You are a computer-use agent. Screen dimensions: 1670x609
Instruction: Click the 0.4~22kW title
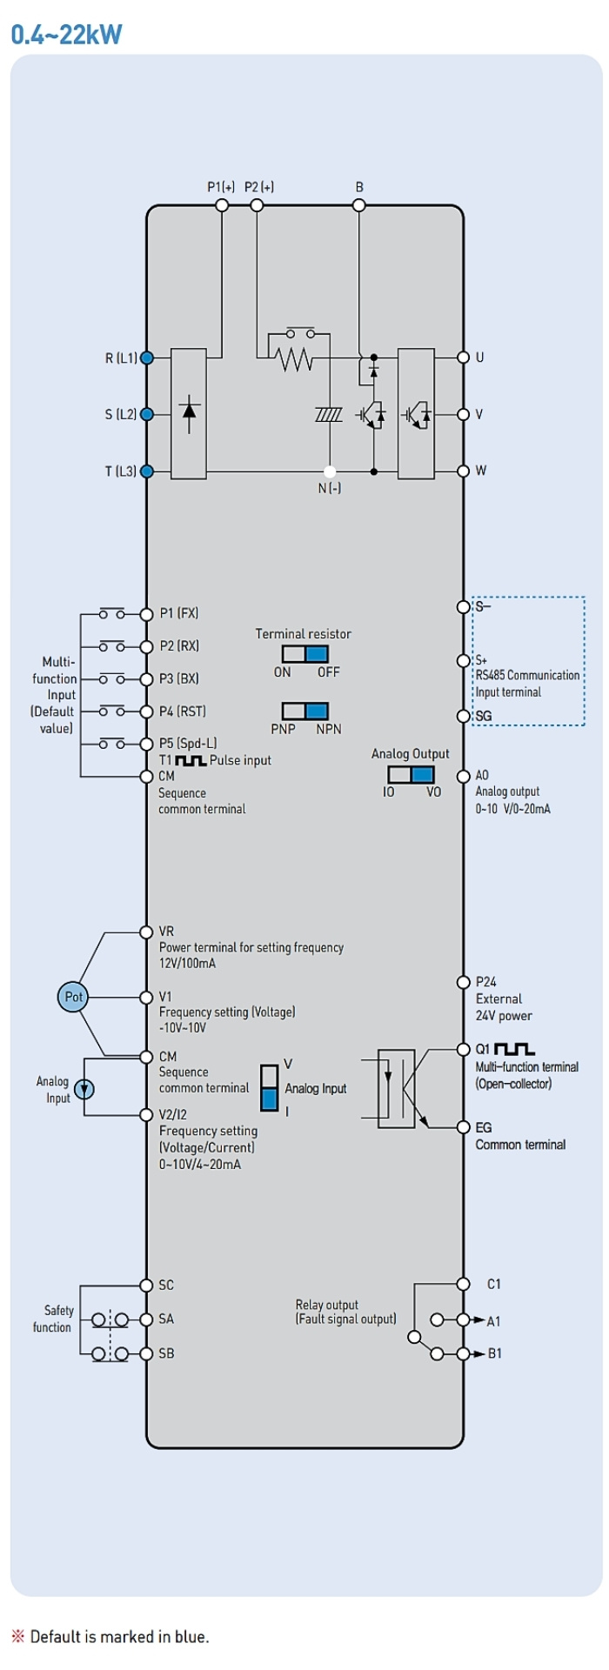coord(66,34)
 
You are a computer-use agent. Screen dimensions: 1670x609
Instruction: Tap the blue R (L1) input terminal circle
coord(147,357)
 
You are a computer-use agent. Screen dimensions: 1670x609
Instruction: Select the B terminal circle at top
coord(358,205)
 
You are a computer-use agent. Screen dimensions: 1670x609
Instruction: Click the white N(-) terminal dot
coord(330,471)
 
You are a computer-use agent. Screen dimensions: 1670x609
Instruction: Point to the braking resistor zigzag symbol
coord(293,357)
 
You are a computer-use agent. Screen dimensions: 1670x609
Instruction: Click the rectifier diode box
coord(189,414)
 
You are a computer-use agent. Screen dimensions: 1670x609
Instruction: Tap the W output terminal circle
coord(464,471)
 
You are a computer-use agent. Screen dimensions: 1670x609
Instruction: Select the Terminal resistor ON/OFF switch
coord(304,654)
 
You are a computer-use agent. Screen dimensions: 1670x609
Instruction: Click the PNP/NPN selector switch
coord(304,711)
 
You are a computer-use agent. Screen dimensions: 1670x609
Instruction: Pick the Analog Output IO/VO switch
coord(411,775)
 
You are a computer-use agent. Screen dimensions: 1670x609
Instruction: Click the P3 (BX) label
coord(179,678)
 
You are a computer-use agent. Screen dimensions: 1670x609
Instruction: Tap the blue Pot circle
coord(73,997)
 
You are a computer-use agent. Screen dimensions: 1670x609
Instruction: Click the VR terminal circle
coord(147,932)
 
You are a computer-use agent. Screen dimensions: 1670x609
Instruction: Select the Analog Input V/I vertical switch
coord(270,1088)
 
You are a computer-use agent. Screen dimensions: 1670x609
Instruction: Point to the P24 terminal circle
coord(464,982)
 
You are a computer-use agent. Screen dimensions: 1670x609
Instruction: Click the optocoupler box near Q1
coord(396,1089)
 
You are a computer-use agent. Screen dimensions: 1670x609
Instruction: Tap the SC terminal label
coord(166,1285)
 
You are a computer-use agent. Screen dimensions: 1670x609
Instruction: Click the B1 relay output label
coord(494,1353)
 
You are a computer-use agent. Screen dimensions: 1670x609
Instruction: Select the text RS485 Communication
coord(527,675)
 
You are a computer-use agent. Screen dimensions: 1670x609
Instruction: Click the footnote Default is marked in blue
coord(119,1637)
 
